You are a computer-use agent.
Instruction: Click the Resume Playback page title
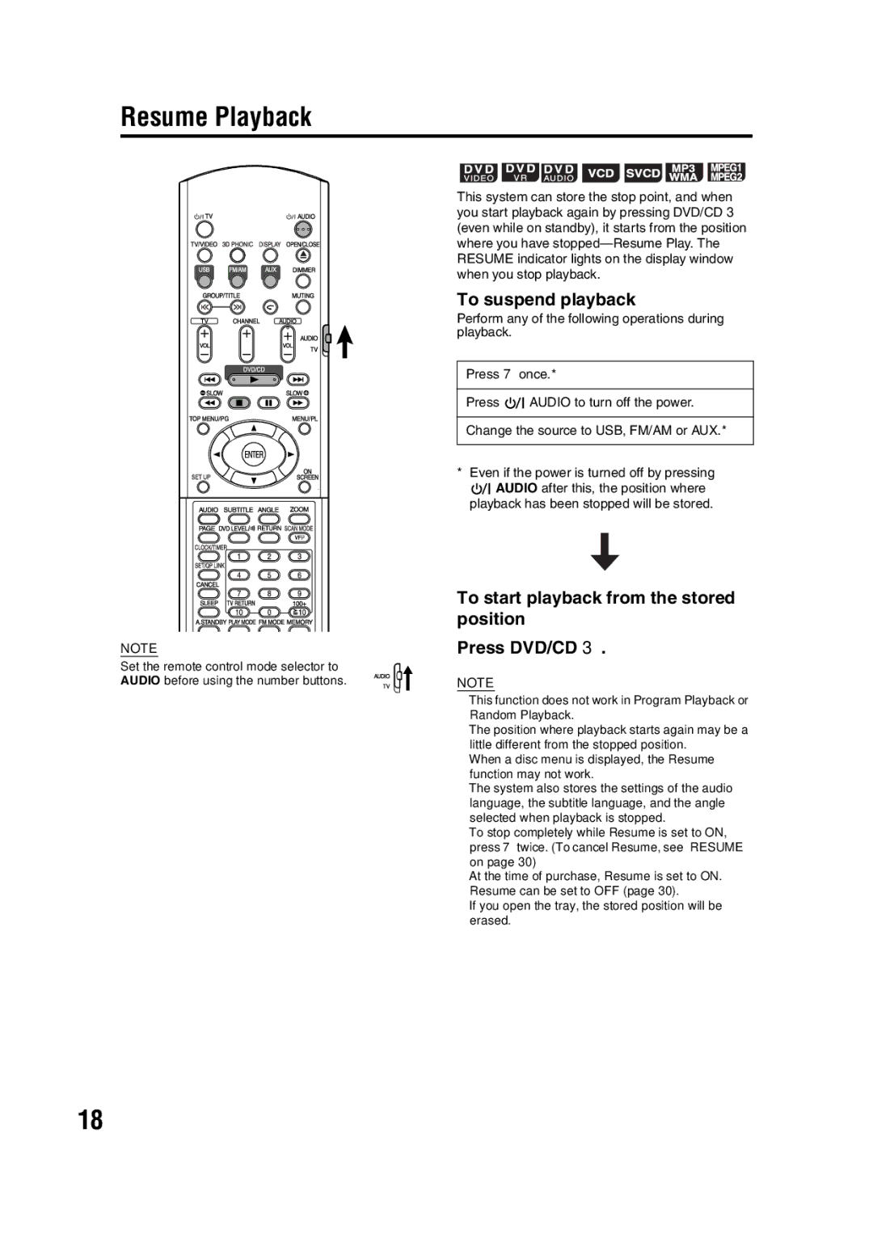pos(216,117)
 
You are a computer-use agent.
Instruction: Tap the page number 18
pos(91,1119)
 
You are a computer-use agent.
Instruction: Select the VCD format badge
pos(601,173)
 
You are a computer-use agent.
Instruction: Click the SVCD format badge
pos(643,173)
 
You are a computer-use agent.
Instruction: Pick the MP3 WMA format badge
pos(683,173)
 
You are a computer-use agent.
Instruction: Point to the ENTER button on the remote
pos(254,454)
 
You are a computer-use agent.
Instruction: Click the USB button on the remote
pos(205,280)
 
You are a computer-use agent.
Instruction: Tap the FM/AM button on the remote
pos(238,280)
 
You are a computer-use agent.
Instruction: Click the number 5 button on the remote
pos(269,575)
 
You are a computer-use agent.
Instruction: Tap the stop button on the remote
pos(238,402)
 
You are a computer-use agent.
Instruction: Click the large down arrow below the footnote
pos(605,551)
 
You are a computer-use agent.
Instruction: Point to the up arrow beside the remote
pos(345,341)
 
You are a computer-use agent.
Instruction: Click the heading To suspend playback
pos(546,300)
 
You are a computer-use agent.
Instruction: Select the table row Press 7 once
pos(605,375)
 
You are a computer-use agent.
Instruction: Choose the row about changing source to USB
pos(605,431)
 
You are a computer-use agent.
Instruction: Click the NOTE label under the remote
pos(138,648)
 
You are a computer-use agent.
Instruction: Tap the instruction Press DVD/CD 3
pos(531,648)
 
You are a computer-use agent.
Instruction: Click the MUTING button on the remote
pos(303,307)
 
